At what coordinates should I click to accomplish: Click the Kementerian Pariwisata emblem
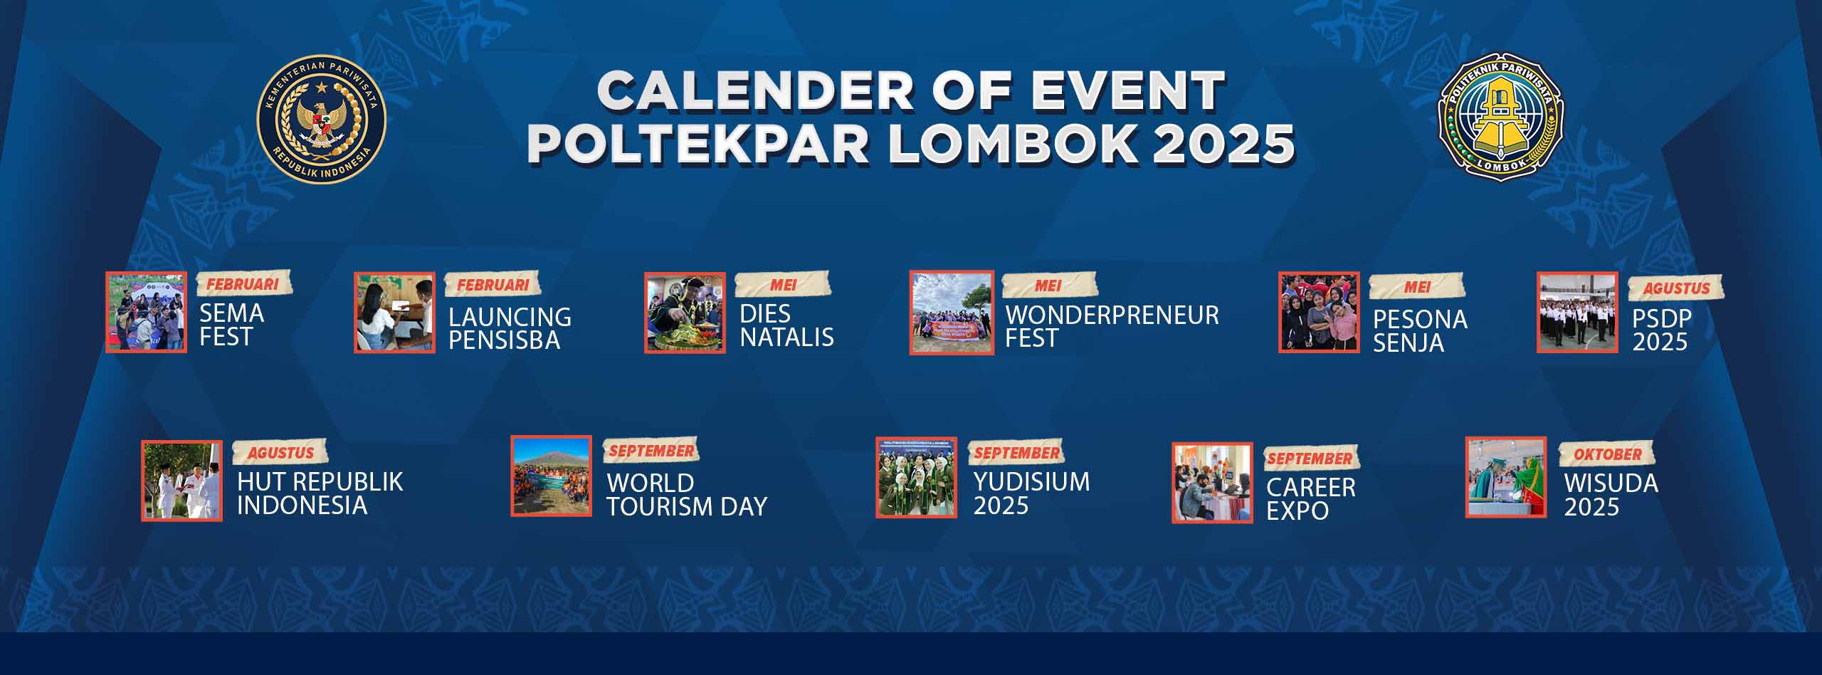point(321,118)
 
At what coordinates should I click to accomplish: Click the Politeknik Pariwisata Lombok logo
point(1500,116)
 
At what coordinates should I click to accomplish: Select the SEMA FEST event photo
point(146,312)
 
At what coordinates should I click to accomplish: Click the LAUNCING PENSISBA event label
point(510,328)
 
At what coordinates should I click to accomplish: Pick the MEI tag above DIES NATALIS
point(782,285)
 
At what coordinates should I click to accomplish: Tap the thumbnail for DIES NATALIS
point(685,313)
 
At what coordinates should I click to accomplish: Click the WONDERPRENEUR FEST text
point(1111,326)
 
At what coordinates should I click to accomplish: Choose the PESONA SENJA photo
point(1319,312)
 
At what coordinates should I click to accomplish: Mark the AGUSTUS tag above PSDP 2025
point(1676,288)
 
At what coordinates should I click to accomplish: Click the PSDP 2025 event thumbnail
point(1577,312)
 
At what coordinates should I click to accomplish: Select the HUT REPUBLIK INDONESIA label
point(320,493)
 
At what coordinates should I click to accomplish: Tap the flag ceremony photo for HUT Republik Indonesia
point(181,481)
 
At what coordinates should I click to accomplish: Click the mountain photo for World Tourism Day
point(551,476)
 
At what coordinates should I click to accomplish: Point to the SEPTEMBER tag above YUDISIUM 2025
point(1016,453)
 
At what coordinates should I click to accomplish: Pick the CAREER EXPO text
point(1310,498)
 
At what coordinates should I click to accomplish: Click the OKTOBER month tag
point(1607,454)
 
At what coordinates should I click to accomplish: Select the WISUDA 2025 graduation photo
point(1506,477)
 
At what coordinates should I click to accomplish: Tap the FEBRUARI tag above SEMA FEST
point(241,284)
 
